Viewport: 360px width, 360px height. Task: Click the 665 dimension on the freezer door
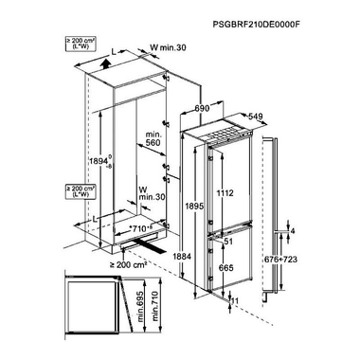coord(226,269)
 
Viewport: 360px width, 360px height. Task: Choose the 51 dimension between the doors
coord(228,243)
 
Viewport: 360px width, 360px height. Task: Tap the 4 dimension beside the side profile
coord(294,230)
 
